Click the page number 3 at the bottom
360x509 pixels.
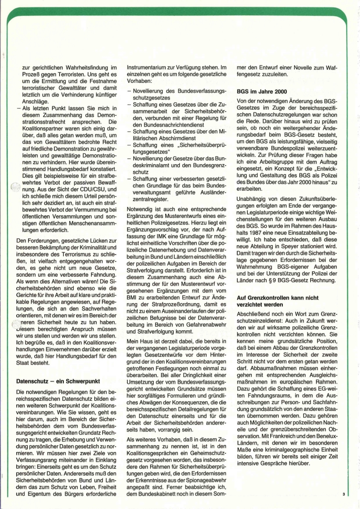pos(344,494)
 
